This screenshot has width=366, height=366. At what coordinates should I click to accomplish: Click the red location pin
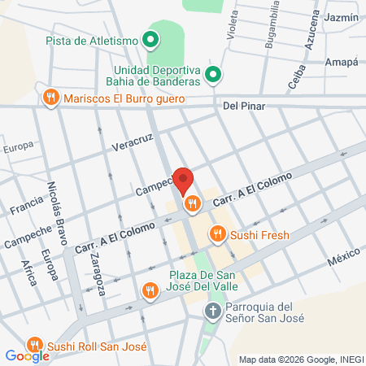click(184, 181)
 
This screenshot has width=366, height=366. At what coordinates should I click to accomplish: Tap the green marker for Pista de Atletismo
click(150, 39)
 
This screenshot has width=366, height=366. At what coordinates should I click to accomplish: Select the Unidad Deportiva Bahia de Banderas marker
click(213, 76)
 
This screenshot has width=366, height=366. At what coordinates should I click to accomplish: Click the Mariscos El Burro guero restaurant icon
click(50, 98)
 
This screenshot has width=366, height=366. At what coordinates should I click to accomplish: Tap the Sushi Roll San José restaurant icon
click(33, 346)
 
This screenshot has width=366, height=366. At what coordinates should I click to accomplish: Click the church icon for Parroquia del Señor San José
click(212, 312)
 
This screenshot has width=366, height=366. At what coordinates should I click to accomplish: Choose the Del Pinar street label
click(243, 106)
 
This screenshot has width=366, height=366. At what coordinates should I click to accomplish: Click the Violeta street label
click(233, 28)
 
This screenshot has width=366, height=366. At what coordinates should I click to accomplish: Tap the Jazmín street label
click(341, 17)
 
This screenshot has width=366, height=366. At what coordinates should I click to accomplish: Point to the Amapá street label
click(342, 62)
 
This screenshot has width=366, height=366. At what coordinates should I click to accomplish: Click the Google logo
click(27, 355)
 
